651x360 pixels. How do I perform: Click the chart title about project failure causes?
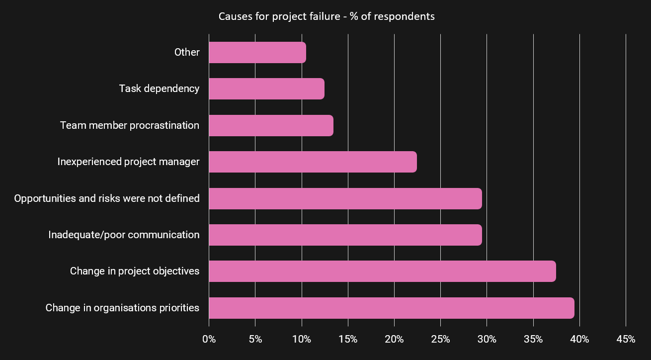click(326, 16)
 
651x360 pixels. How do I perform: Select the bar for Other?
click(257, 53)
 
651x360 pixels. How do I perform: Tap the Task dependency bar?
click(266, 89)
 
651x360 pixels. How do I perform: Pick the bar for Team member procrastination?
click(271, 125)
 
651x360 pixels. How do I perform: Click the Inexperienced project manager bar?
click(313, 162)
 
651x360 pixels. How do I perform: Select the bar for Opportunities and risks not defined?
click(345, 198)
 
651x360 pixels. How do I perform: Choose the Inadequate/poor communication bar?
click(345, 235)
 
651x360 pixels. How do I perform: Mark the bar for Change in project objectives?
click(382, 271)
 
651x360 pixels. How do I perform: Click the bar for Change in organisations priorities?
click(392, 308)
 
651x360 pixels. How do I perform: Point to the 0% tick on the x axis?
click(209, 340)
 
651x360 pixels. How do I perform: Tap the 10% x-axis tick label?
click(302, 340)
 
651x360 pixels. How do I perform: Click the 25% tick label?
click(440, 340)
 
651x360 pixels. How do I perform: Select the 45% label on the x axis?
click(626, 340)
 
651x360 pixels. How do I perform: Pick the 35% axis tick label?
click(533, 340)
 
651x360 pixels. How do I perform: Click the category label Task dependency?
click(159, 89)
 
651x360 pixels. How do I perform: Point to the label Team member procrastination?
click(130, 125)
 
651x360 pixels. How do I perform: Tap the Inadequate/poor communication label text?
click(124, 235)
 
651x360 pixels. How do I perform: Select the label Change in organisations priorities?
click(122, 308)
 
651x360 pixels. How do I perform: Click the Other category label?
click(187, 52)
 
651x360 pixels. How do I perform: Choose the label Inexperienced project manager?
click(128, 162)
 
